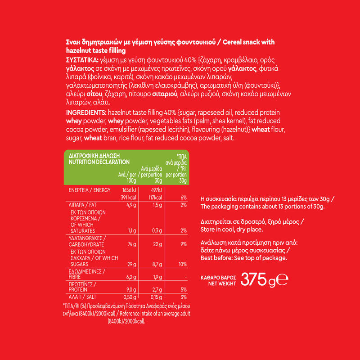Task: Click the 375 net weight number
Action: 254,279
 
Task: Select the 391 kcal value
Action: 128,198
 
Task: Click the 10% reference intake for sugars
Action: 182,264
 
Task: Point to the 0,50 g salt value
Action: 130,297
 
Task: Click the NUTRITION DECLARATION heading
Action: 99,162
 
